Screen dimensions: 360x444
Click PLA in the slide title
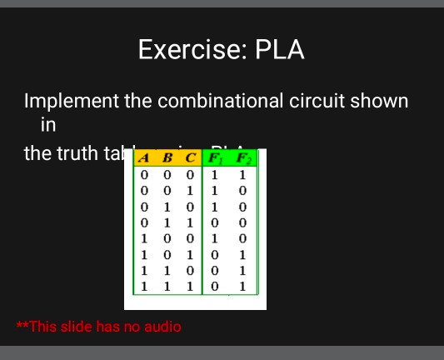click(280, 50)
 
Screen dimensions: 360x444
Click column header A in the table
click(144, 158)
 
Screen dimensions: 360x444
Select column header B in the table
click(167, 158)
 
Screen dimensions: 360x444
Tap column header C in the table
click(191, 158)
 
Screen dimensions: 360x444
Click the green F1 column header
click(215, 158)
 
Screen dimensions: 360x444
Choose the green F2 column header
click(242, 158)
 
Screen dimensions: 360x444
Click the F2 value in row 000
click(242, 175)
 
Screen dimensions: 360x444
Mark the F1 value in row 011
click(215, 222)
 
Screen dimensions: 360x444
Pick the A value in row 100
click(144, 238)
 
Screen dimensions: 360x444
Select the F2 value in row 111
click(242, 286)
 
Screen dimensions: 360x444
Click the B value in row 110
click(167, 270)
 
